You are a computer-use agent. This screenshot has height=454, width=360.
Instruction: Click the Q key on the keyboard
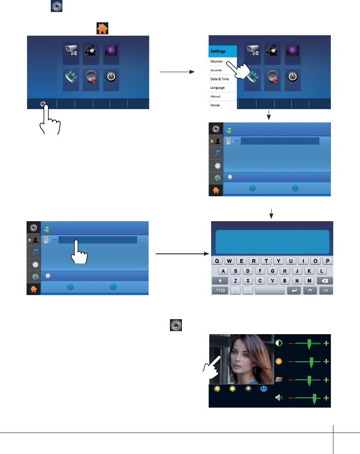[x=218, y=261]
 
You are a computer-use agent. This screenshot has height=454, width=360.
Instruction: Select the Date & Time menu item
[x=220, y=79]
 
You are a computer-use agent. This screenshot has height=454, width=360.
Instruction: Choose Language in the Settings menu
[x=218, y=88]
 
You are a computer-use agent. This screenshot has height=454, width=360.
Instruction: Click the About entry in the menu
[x=215, y=96]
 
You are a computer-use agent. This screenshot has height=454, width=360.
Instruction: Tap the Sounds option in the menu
[x=216, y=70]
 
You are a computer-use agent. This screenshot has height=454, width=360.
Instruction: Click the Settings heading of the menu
[x=218, y=51]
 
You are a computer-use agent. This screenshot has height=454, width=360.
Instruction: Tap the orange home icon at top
[x=103, y=28]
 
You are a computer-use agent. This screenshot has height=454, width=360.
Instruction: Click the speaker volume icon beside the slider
[x=279, y=398]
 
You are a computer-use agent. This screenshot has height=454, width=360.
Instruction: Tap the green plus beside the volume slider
[x=327, y=398]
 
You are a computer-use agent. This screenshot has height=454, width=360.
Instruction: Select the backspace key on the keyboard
[x=325, y=280]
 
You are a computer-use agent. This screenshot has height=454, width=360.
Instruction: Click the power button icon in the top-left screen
[x=112, y=77]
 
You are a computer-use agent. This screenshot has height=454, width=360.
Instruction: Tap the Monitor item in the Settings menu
[x=218, y=61]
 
